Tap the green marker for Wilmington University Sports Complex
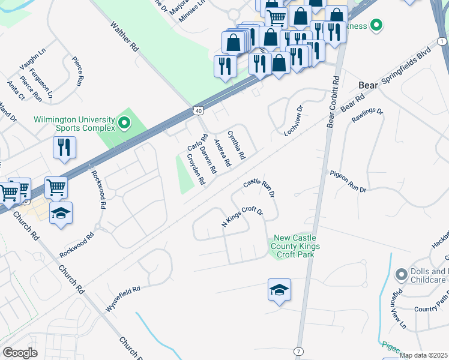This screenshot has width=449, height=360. (124, 124)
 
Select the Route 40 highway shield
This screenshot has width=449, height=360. (198, 111)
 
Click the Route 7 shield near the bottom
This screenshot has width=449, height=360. (298, 350)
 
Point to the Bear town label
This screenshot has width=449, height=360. (368, 85)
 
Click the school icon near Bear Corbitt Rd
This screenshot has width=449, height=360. (279, 290)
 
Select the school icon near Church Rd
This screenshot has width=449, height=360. (61, 213)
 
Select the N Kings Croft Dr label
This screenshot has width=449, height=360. (243, 217)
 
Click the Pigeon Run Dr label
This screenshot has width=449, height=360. (348, 181)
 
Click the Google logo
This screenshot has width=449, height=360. (20, 353)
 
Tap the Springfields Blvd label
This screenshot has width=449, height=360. (406, 65)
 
